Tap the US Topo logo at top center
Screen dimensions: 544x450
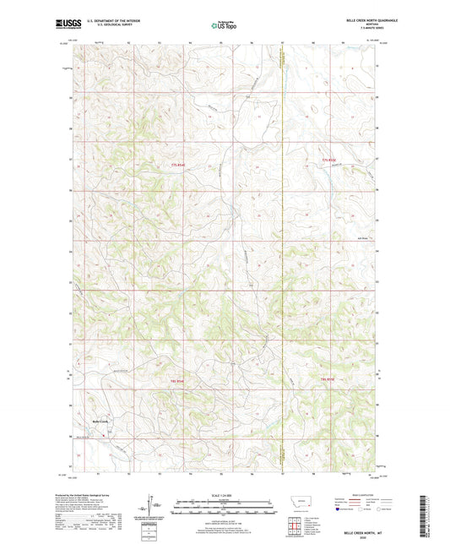(x=223, y=26)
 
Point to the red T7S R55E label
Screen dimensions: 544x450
(x=328, y=160)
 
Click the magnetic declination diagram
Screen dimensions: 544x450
(x=151, y=507)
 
